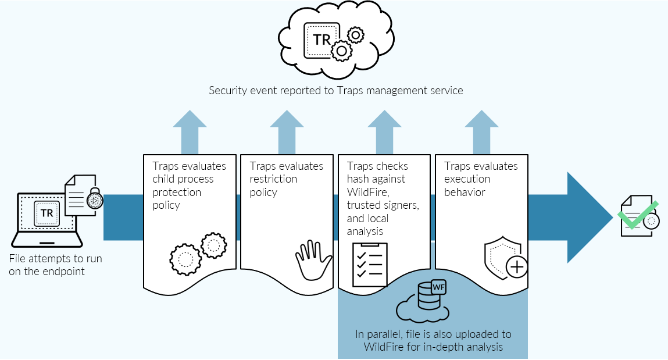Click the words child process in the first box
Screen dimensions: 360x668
183,179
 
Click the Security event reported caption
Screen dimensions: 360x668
336,91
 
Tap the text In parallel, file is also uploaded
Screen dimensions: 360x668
433,334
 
